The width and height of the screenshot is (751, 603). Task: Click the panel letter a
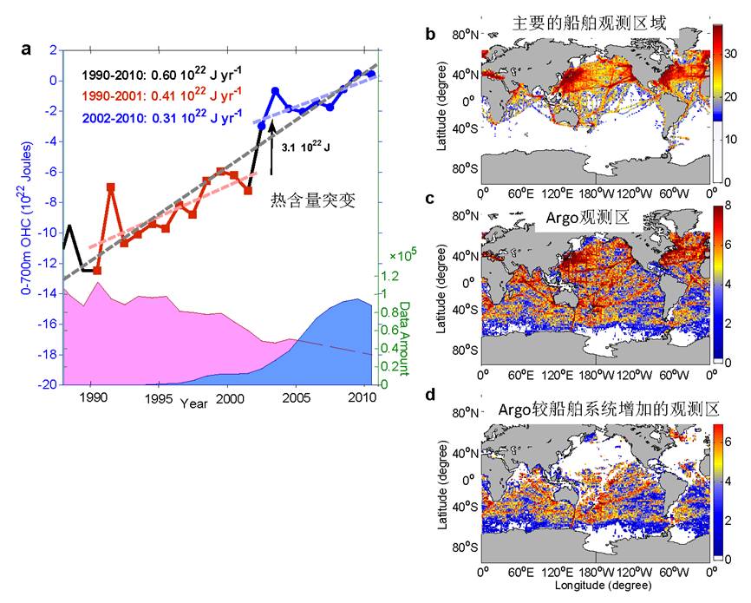(x=27, y=49)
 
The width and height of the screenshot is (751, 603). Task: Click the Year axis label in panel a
(x=194, y=403)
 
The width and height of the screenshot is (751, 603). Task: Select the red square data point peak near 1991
(x=111, y=187)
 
